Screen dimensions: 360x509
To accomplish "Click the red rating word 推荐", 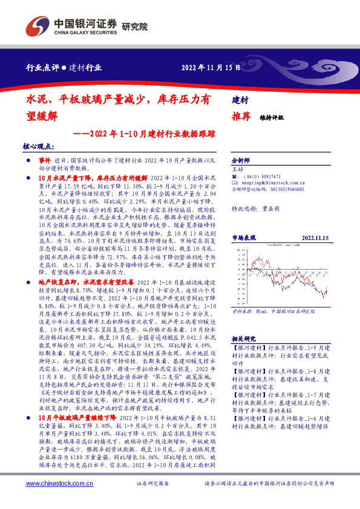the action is (x=242, y=117).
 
